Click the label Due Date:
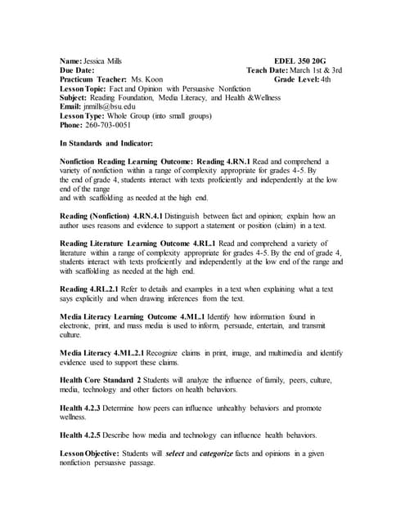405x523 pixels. tap(80, 71)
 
